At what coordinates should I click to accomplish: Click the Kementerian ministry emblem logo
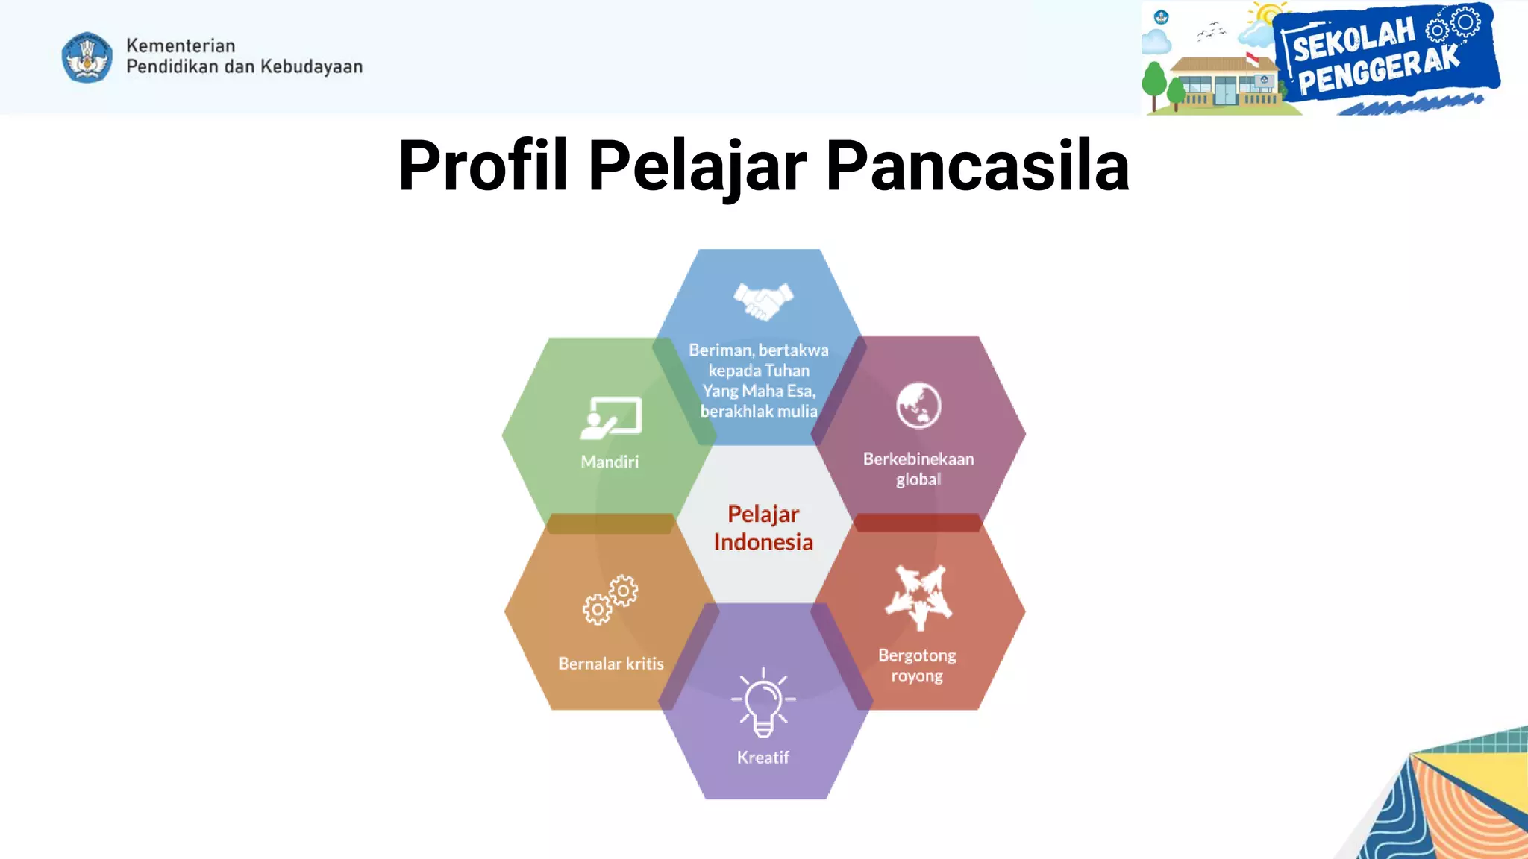87,57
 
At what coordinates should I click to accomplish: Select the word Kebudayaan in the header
311,66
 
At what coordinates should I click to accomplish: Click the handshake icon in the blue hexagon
763,301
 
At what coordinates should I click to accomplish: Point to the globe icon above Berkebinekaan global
918,406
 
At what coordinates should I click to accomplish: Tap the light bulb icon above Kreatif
763,701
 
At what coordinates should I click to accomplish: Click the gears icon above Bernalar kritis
610,600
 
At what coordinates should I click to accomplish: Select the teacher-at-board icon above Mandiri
611,418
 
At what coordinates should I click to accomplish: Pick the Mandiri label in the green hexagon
610,462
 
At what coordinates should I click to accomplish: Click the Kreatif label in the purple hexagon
763,758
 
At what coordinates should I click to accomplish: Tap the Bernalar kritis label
610,664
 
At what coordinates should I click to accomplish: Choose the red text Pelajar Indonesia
763,528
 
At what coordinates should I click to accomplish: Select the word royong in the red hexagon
917,676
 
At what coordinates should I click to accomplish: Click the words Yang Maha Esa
758,391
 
